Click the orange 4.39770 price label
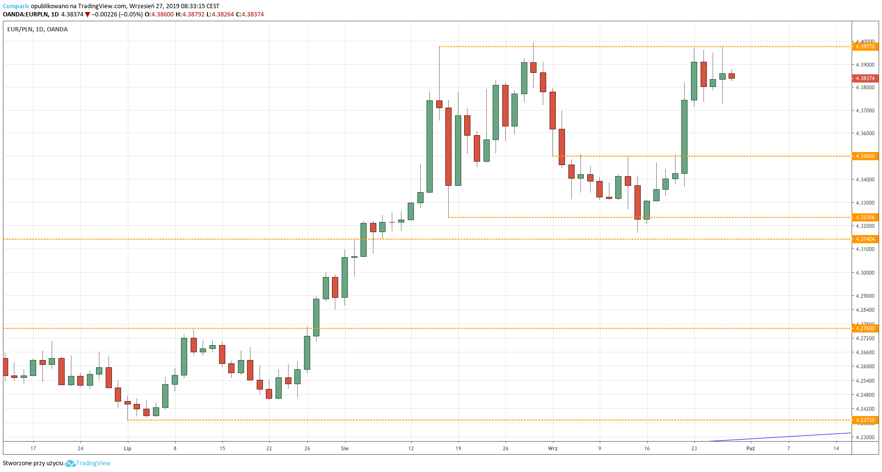865,46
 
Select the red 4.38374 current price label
865,78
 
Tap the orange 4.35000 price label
865,156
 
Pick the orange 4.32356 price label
865,217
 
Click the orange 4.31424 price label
865,239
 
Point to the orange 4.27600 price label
865,328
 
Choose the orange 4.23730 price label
865,420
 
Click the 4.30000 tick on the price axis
865,273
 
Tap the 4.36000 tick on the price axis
865,133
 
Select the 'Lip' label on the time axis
127,448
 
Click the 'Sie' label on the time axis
345,448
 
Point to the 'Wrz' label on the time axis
552,448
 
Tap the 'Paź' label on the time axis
750,448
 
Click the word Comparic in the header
16,6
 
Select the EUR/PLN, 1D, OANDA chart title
38,29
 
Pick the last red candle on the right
731,76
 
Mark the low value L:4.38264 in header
220,14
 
